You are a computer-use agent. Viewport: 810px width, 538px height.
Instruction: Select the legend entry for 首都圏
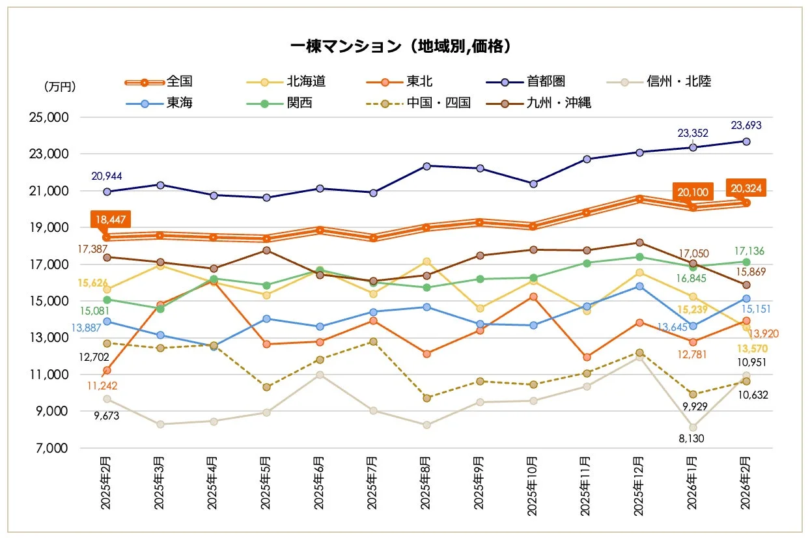(x=546, y=81)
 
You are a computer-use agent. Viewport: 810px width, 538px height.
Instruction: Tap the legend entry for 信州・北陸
(x=678, y=81)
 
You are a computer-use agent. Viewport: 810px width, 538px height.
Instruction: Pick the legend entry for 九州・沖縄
(x=558, y=102)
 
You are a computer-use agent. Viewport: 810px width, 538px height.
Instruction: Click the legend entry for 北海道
(x=306, y=81)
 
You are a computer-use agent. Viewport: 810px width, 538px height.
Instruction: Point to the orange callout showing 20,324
(x=746, y=189)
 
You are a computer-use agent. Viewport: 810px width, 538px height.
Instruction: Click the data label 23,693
(x=746, y=126)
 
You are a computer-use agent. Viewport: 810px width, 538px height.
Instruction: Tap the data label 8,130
(x=693, y=439)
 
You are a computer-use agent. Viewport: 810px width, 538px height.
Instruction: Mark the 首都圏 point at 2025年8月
(x=426, y=166)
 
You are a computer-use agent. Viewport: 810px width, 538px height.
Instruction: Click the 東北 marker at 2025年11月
(x=587, y=357)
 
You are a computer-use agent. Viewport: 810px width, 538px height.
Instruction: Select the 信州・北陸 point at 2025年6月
(x=320, y=375)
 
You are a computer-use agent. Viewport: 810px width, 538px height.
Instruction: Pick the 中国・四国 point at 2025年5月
(x=266, y=387)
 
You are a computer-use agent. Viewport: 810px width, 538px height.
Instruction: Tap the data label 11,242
(x=107, y=386)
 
